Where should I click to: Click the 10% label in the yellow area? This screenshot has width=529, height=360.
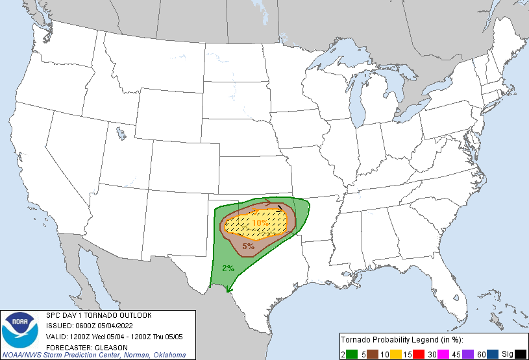(x=261, y=222)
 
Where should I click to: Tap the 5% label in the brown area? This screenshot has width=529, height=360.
(x=248, y=246)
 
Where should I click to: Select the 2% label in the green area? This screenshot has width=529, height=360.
(x=228, y=269)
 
